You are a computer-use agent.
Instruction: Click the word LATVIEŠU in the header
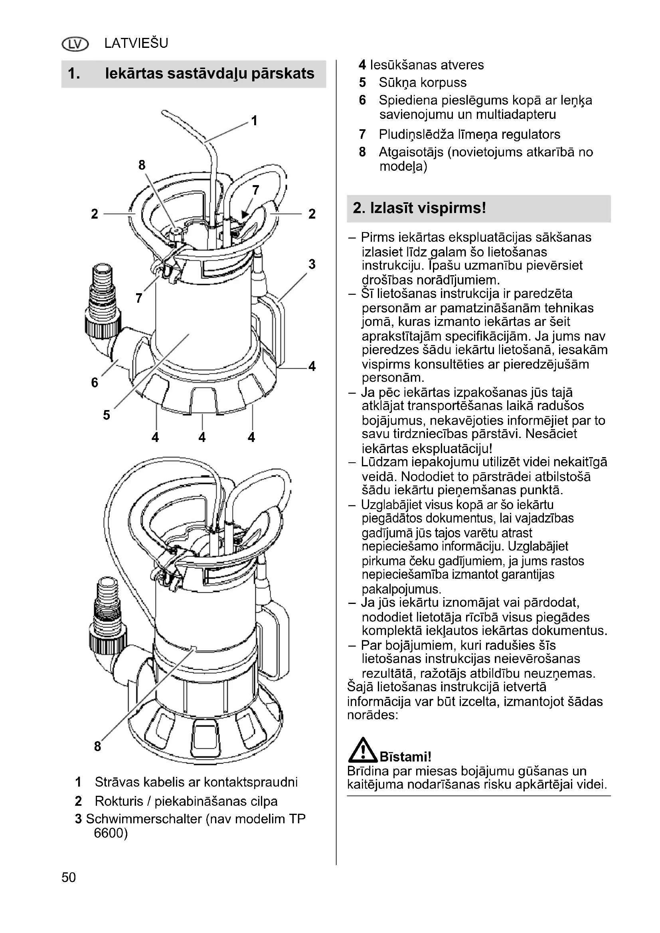(x=136, y=43)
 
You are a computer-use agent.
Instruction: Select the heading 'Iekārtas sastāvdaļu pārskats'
(x=209, y=73)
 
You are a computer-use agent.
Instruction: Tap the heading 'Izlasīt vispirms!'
(x=419, y=208)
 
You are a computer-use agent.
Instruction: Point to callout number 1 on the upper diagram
(x=255, y=121)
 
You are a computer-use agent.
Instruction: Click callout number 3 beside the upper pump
(x=312, y=264)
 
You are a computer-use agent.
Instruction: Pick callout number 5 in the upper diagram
(x=107, y=415)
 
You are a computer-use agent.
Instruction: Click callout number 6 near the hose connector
(x=95, y=383)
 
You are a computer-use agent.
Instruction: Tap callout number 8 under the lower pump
(x=97, y=746)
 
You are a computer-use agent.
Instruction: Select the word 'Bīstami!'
(x=405, y=757)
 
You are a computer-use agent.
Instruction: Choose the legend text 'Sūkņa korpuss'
(x=423, y=83)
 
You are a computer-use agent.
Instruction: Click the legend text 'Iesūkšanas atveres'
(x=427, y=65)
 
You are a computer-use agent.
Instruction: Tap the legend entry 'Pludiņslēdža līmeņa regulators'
(x=469, y=134)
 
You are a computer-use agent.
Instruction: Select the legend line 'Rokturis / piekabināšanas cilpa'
(x=186, y=801)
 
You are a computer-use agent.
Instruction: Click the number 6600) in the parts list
(x=111, y=833)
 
